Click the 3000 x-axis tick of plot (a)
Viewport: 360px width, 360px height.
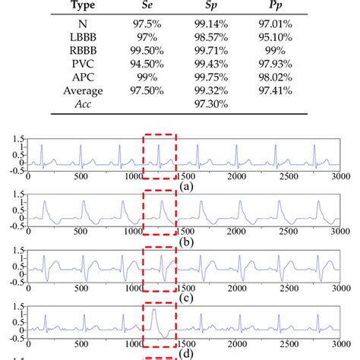pos(339,176)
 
